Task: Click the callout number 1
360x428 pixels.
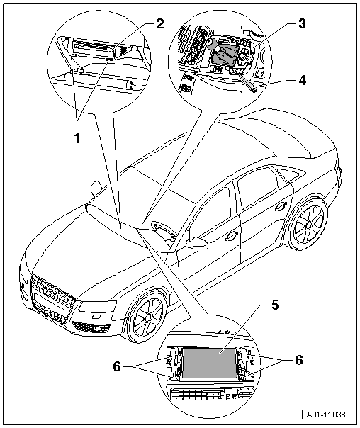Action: (x=77, y=138)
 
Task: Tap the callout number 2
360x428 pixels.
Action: (x=159, y=24)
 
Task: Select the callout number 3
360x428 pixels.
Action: (x=302, y=24)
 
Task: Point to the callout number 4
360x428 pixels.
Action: (x=302, y=81)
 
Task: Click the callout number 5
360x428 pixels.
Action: (x=274, y=305)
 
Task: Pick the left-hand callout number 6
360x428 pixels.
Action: (x=117, y=366)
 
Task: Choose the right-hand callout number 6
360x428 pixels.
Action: (x=299, y=360)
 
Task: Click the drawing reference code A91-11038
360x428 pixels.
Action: (x=326, y=415)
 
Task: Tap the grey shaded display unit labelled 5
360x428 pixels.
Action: (x=209, y=363)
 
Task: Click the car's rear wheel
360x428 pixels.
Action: (x=308, y=225)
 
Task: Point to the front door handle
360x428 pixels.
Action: (x=231, y=236)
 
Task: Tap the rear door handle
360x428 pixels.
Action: (x=281, y=207)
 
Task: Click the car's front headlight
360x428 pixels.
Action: (x=96, y=307)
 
